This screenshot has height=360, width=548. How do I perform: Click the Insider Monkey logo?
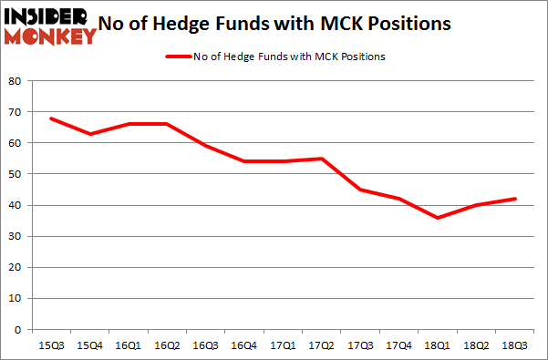[x=50, y=25]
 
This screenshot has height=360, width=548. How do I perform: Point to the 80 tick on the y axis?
[x=16, y=80]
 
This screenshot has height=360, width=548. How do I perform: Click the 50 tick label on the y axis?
[x=16, y=174]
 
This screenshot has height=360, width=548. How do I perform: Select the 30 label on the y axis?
[x=16, y=236]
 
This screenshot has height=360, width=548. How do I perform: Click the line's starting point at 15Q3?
[x=52, y=118]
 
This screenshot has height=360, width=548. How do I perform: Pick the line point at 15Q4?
[x=89, y=134]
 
